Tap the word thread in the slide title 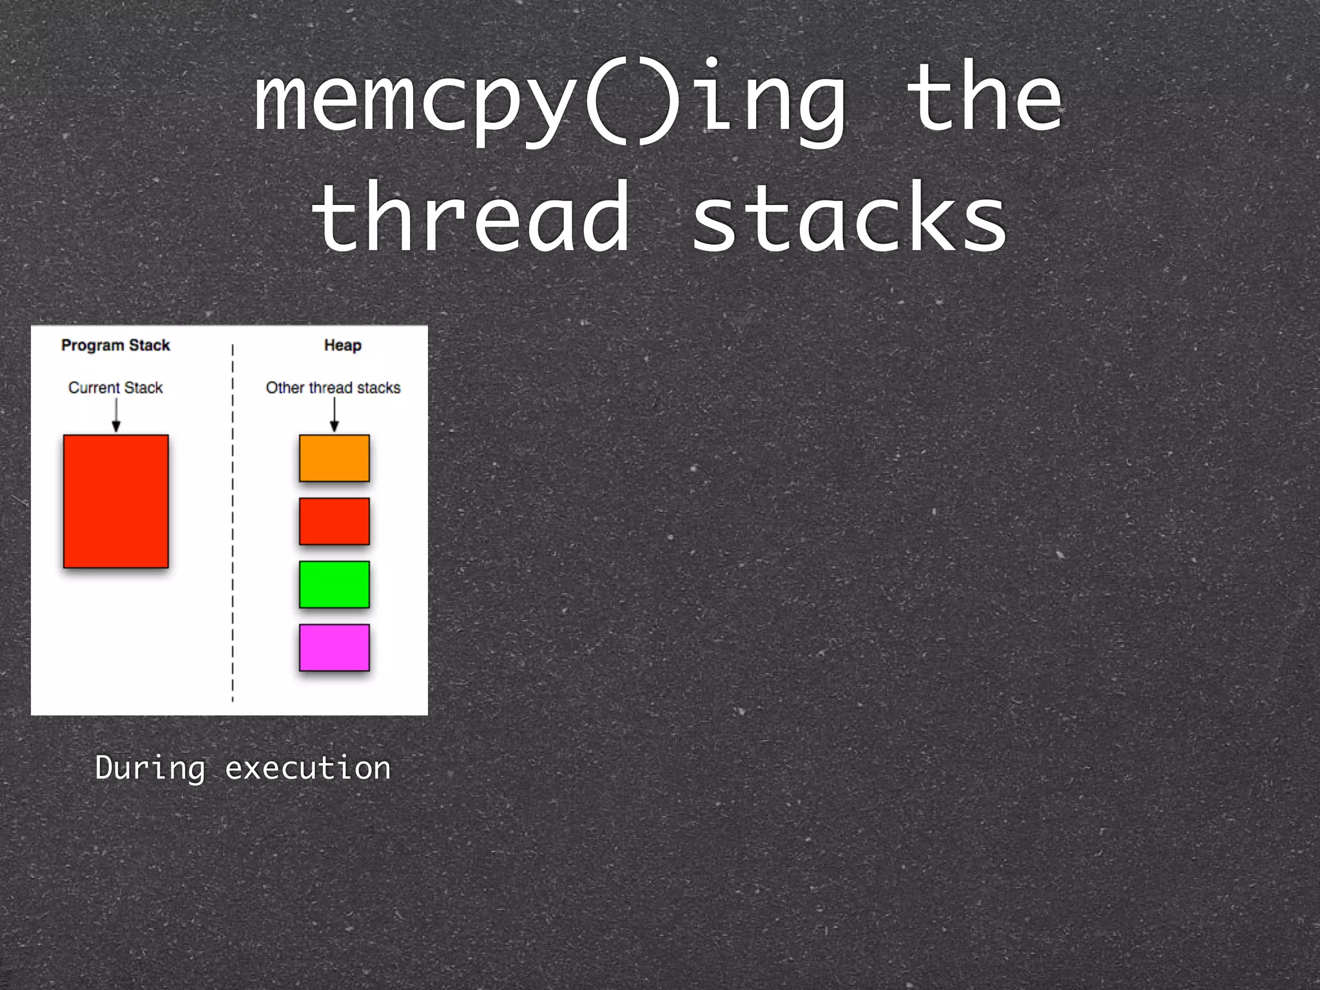pos(471,218)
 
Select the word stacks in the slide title pos(849,218)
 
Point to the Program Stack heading pos(115,345)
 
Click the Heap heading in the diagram pos(342,345)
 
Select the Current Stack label pos(115,387)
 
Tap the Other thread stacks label pos(333,387)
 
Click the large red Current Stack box pos(116,501)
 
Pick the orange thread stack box pos(334,458)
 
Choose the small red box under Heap pos(334,521)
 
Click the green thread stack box pos(334,585)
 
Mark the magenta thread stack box pos(334,648)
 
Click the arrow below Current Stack pos(116,415)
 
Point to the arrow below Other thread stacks pos(334,415)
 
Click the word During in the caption pos(150,768)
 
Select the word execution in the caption pos(307,768)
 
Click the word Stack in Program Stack pos(150,345)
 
